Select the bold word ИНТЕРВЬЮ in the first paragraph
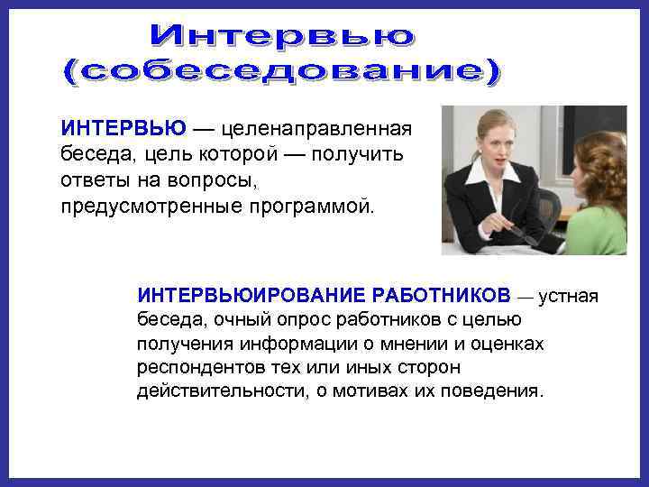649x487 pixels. point(124,127)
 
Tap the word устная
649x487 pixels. point(568,296)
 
